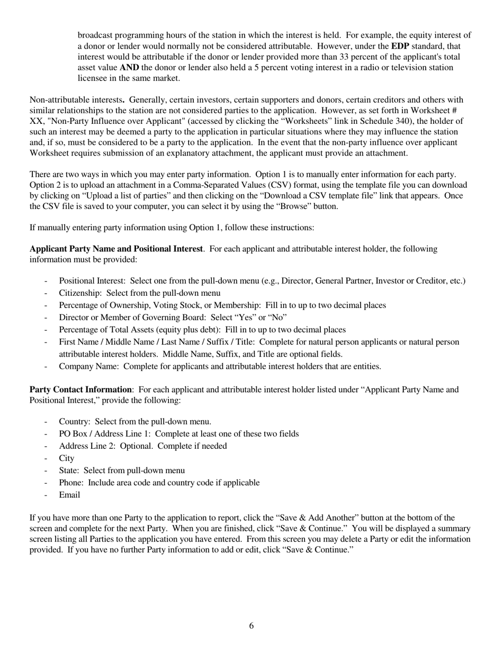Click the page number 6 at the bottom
coord(251,626)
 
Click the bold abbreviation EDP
coord(400,46)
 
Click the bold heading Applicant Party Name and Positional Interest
coord(116,249)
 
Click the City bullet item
coord(67,458)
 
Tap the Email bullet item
coord(69,495)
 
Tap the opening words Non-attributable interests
coord(78,100)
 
